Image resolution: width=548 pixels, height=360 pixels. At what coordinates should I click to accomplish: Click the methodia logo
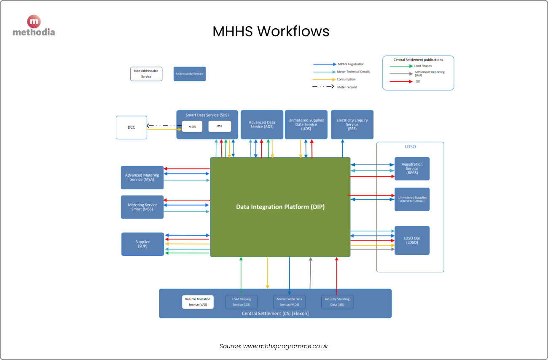34,26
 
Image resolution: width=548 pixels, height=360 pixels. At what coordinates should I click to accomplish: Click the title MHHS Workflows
271,32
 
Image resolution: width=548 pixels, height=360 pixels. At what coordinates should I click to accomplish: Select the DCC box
132,127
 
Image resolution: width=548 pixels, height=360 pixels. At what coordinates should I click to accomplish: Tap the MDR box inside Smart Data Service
192,126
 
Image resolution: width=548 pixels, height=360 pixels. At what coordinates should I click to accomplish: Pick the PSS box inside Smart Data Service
220,126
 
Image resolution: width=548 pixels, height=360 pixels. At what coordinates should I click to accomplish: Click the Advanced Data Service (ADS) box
262,125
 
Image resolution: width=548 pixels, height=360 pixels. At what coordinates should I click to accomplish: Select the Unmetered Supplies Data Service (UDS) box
306,125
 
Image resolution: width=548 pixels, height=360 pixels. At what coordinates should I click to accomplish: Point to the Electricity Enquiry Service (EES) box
352,125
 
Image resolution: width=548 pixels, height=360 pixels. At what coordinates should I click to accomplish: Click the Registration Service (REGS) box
412,169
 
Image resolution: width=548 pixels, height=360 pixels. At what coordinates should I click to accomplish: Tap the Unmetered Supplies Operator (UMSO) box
412,199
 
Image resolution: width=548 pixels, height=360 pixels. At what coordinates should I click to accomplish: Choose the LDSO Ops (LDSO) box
412,240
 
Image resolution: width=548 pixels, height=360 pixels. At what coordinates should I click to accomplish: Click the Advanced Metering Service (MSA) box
142,177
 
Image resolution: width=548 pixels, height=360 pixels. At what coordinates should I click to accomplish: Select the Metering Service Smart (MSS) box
142,207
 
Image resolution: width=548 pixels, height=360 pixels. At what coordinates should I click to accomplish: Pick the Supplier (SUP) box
142,244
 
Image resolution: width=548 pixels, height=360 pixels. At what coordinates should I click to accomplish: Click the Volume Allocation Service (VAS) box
198,302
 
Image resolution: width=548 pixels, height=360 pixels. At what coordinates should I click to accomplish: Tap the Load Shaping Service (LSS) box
241,302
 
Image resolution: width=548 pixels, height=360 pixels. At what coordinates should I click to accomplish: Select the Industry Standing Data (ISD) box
337,302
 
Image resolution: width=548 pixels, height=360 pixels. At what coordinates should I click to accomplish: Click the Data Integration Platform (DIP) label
280,207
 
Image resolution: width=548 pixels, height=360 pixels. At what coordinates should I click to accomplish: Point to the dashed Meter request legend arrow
323,87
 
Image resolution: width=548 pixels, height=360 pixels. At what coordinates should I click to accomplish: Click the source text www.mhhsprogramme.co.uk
285,346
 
